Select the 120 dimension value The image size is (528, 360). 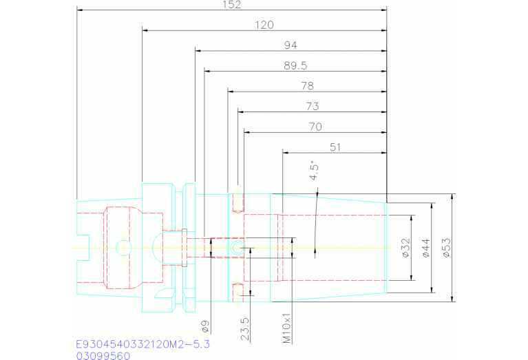(264, 25)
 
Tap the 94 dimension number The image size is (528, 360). (291, 45)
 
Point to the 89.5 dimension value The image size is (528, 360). (294, 65)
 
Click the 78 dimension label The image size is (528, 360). (307, 86)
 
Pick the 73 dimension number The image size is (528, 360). (312, 106)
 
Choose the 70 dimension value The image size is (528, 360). (316, 127)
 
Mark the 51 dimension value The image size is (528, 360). (336, 147)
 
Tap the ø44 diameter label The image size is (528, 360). (425, 248)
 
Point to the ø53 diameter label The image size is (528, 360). (446, 248)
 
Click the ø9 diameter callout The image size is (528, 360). (206, 324)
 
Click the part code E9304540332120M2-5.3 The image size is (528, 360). (142, 343)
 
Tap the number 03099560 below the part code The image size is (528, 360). (103, 355)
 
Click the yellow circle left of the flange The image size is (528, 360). (123, 247)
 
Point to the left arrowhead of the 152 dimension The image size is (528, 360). (79, 10)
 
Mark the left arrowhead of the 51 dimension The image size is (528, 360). (285, 153)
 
